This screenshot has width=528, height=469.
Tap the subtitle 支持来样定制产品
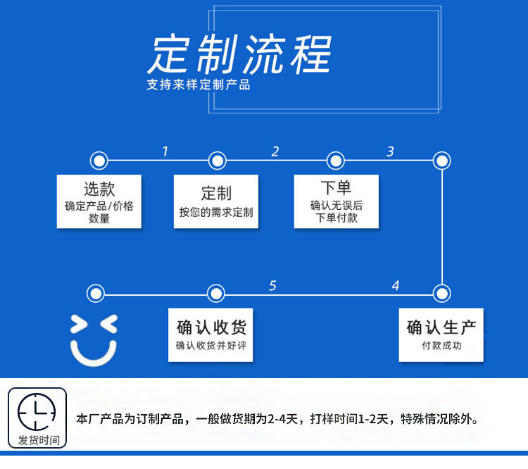coord(199,85)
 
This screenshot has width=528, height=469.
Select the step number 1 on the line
coord(165,151)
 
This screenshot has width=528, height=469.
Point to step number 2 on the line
coord(275,151)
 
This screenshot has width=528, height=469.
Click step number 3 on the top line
coord(390,151)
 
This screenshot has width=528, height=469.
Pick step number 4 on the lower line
coord(396,285)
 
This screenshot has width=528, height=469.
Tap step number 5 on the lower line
coord(272,285)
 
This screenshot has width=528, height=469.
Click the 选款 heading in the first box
coord(99,189)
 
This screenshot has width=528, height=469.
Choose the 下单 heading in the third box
coord(336,187)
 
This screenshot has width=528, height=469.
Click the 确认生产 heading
coord(441,327)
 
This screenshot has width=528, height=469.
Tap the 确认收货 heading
coord(211,327)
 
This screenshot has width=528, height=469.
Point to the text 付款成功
coord(441,346)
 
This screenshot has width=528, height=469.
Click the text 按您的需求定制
coord(216,212)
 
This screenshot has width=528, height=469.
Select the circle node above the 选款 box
coord(99,161)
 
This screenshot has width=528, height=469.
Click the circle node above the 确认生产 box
coord(441,293)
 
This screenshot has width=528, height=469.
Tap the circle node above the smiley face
coord(95,293)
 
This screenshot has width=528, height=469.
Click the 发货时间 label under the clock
coord(39,441)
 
